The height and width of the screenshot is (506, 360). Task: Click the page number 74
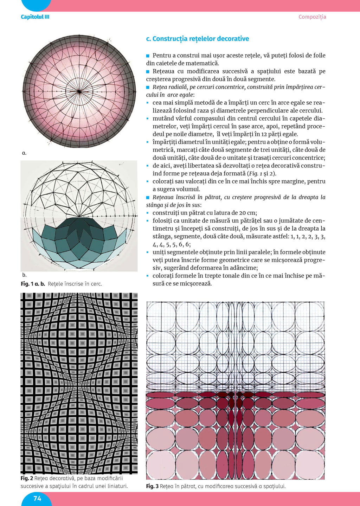click(37, 498)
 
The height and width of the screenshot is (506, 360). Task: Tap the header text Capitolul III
click(35, 17)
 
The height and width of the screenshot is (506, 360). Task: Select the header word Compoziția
click(312, 17)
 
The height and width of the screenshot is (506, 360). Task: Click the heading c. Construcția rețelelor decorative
click(197, 39)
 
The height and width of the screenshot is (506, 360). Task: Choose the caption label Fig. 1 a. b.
click(33, 284)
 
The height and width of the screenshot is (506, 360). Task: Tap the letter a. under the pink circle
click(24, 153)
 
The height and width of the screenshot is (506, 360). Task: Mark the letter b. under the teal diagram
click(24, 275)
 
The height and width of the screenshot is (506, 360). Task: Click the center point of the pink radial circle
click(79, 91)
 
